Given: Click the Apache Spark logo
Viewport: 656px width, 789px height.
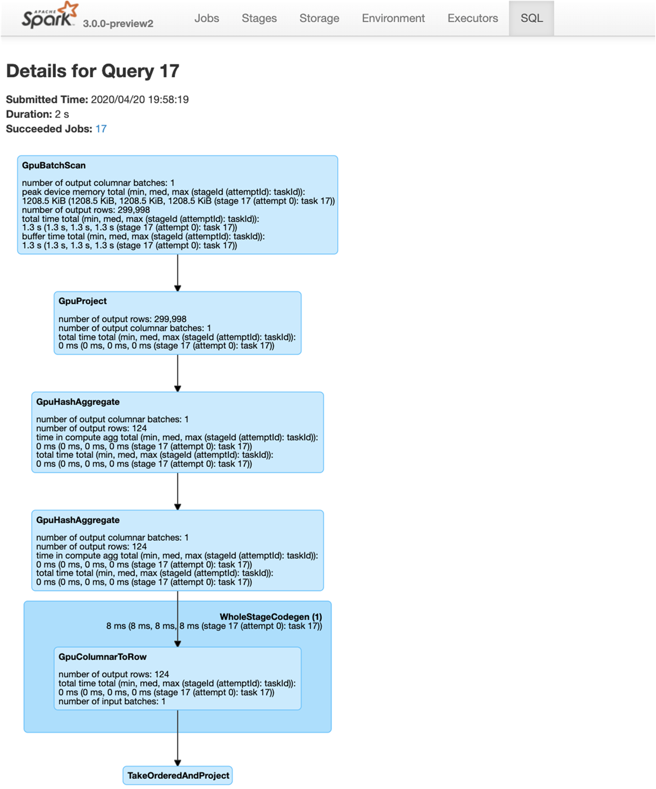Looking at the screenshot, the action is [x=49, y=16].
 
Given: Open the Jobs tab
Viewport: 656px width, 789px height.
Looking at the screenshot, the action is [x=207, y=18].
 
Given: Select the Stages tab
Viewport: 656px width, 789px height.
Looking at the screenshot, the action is [x=259, y=18].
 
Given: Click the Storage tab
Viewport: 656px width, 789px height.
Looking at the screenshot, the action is [x=319, y=18].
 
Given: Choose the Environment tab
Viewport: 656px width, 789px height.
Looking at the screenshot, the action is [x=393, y=18].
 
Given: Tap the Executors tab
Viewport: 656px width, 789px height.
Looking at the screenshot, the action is [x=473, y=18].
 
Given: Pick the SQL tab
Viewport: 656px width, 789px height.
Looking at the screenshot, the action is [x=532, y=18].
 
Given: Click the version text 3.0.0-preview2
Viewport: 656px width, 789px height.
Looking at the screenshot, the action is [x=118, y=24].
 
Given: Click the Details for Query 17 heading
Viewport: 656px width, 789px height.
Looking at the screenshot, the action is [x=93, y=71].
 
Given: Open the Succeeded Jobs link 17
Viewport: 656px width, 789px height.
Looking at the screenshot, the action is [x=101, y=129].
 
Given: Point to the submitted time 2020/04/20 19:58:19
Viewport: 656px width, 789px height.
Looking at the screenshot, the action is [x=140, y=99].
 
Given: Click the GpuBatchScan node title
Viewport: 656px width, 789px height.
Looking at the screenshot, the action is [x=54, y=166].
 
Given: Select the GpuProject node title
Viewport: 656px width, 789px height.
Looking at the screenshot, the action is [x=83, y=301].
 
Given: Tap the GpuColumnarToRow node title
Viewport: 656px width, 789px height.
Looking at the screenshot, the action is [x=103, y=657].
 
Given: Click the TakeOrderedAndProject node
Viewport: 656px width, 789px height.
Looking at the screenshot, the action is [x=178, y=776].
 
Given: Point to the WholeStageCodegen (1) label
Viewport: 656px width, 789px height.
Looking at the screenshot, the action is [x=271, y=617].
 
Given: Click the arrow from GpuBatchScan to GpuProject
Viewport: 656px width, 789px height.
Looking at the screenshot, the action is [x=178, y=273].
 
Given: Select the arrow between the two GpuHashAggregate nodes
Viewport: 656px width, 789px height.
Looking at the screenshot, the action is [x=178, y=491].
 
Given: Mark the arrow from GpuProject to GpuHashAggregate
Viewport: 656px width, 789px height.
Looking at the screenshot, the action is [x=178, y=373].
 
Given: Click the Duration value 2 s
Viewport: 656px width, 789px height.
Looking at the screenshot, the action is [x=62, y=114].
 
